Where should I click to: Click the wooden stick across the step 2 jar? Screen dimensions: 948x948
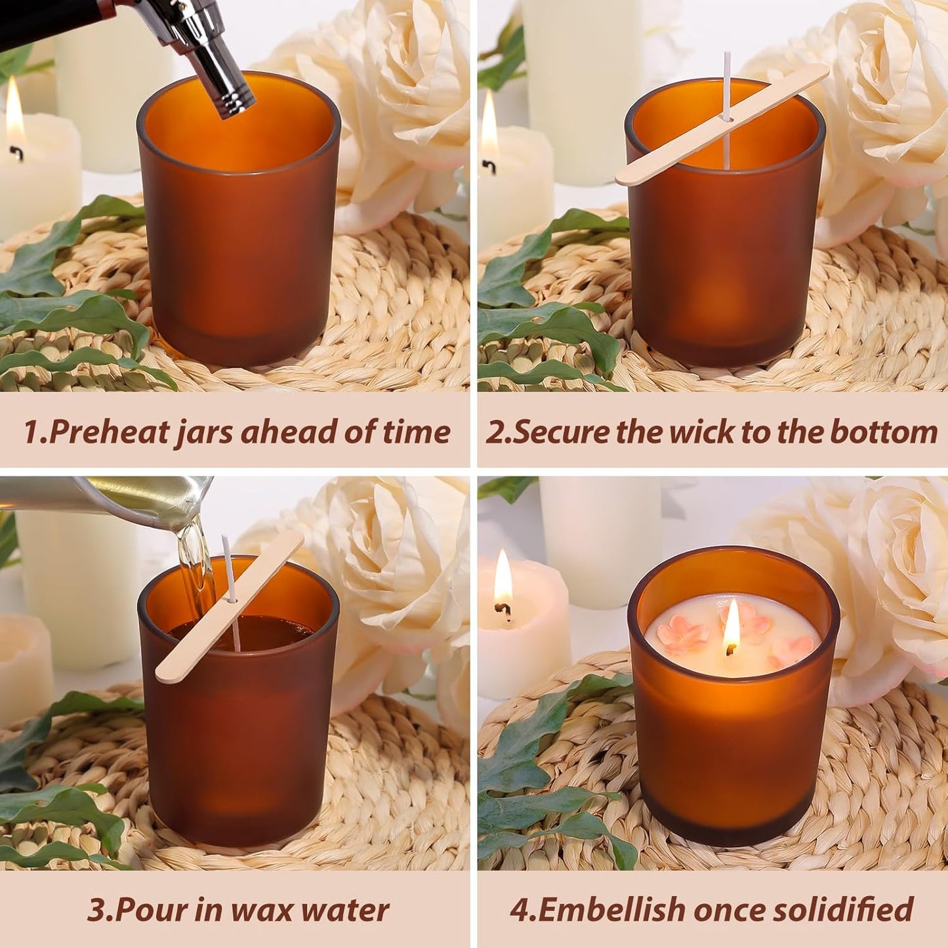[x=722, y=124]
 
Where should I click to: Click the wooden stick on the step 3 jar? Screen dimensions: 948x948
[x=230, y=607]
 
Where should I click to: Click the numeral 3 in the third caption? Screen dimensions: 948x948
[x=96, y=910]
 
